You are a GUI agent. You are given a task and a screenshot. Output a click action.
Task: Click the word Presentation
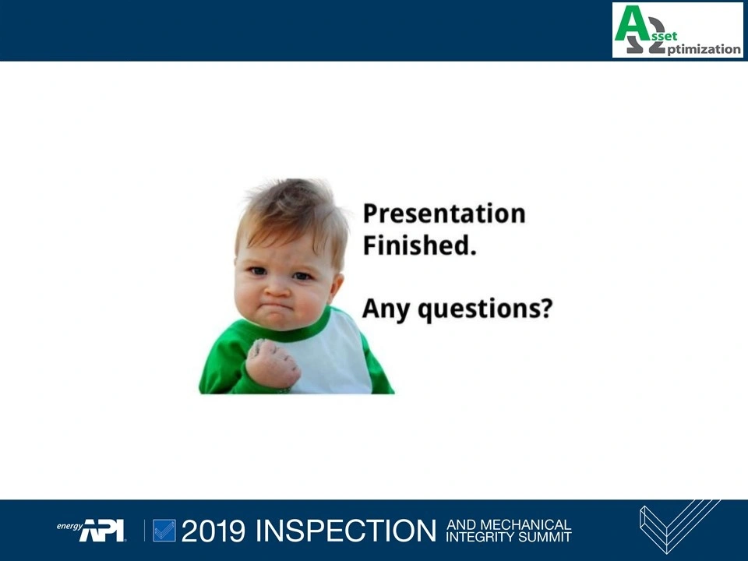(444, 213)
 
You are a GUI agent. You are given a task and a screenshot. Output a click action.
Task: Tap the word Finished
(420, 245)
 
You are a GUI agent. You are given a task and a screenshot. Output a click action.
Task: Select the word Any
(386, 309)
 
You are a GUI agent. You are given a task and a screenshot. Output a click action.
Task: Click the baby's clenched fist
(273, 364)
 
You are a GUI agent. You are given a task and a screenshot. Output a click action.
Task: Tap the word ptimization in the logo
(704, 49)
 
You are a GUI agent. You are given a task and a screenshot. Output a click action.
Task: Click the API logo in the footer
(101, 531)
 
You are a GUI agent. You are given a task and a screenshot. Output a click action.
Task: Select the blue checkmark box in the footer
(164, 531)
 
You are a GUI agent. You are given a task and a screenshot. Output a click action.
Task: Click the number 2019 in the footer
(213, 531)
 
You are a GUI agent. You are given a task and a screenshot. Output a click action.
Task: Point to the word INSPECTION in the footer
(346, 531)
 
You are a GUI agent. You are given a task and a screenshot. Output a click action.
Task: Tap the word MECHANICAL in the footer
(524, 524)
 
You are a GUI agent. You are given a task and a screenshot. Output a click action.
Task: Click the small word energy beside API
(69, 526)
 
